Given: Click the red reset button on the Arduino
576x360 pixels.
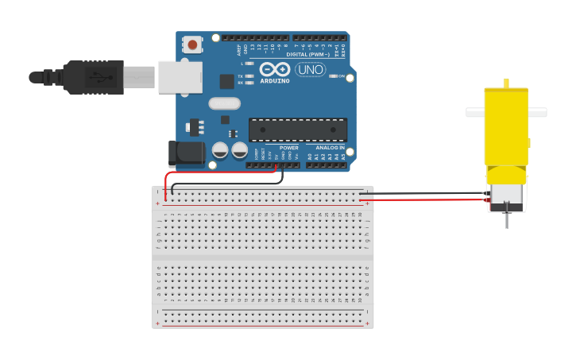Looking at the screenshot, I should click(192, 45).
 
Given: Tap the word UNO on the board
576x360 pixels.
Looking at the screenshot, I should click(311, 70).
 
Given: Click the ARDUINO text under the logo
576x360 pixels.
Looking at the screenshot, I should click(275, 81).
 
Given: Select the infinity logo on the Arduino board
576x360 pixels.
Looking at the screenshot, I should click(275, 69).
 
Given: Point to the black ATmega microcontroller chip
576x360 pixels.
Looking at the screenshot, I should click(298, 130).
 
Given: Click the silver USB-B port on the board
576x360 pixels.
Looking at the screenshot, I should click(180, 77).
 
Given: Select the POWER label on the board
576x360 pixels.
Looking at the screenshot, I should click(289, 148).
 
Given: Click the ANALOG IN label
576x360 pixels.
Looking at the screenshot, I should click(331, 148).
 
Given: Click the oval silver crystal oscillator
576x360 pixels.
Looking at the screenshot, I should click(225, 103).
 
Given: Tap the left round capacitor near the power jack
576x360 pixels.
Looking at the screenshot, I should click(220, 149).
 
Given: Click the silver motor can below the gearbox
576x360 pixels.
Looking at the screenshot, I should click(506, 195).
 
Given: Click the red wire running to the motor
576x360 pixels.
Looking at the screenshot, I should click(421, 199).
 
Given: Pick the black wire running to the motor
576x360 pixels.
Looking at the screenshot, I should click(421, 193).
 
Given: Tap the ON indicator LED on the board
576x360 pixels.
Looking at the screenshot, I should click(332, 76).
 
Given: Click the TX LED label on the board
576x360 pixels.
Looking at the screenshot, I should click(241, 76).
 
